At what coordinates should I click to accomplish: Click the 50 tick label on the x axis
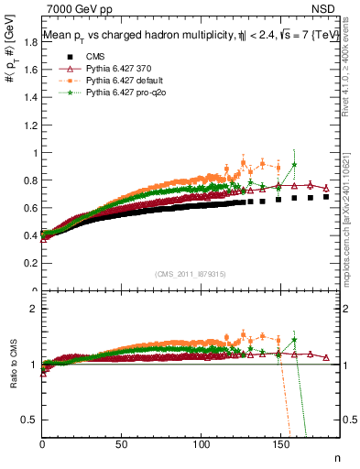tap(123, 445)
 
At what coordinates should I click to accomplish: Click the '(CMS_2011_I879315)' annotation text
tap(191, 273)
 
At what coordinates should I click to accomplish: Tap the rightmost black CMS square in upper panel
tap(326, 197)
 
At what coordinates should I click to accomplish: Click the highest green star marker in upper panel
tap(294, 165)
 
